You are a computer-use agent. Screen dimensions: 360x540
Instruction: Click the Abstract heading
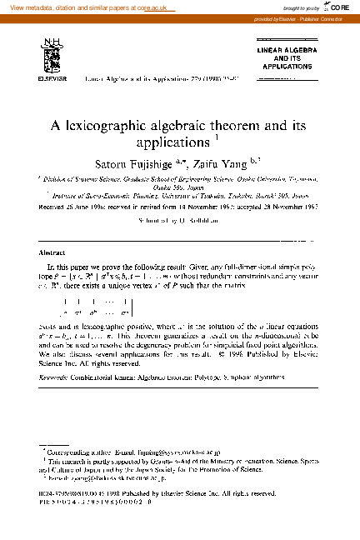[x=52, y=252]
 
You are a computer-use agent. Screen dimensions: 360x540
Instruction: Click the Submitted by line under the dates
[x=180, y=223]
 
